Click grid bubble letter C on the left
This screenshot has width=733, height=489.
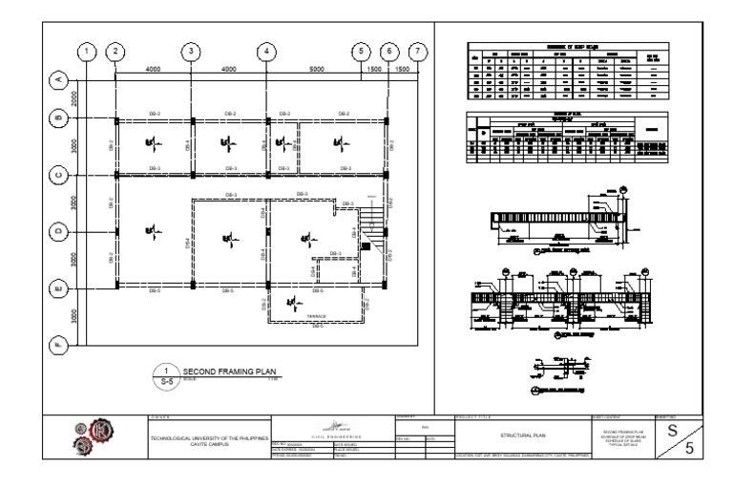[58, 176]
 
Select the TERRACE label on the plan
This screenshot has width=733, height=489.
[317, 316]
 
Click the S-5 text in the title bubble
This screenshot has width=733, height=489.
[166, 381]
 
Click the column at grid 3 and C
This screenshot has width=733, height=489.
[192, 176]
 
